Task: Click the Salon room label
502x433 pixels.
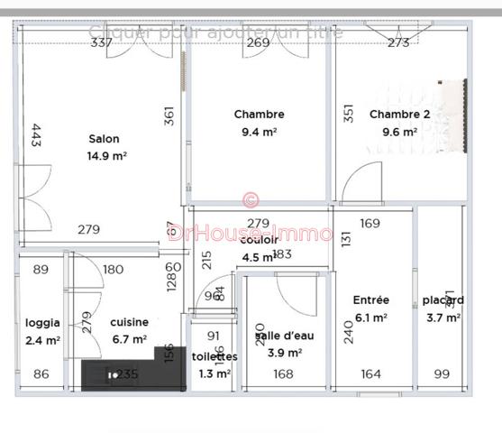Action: click(x=104, y=139)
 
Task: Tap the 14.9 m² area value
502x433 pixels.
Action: click(x=106, y=155)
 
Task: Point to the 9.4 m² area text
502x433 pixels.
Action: click(x=259, y=131)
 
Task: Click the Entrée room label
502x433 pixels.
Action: click(x=370, y=300)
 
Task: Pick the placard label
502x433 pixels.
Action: click(x=443, y=300)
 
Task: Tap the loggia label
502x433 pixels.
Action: click(x=42, y=322)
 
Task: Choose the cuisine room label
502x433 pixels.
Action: click(x=129, y=322)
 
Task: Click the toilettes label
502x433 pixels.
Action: click(x=214, y=356)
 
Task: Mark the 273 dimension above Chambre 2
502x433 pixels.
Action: click(x=398, y=42)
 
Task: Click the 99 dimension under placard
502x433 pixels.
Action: click(x=442, y=374)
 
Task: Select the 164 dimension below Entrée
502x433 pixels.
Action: click(x=371, y=374)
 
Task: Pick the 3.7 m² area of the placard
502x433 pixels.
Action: click(x=443, y=318)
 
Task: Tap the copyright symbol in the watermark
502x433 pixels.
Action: click(x=251, y=199)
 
